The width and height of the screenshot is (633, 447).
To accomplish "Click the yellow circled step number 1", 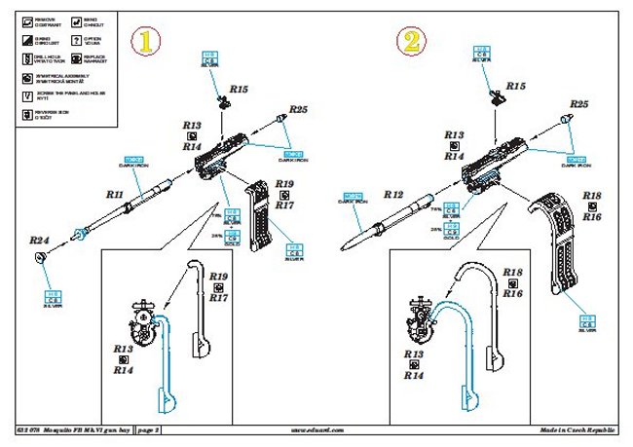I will pyautogui.click(x=148, y=42).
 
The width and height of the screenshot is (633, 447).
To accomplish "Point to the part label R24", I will pyautogui.click(x=39, y=240).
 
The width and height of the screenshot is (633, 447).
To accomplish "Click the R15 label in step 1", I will pyautogui.click(x=239, y=89).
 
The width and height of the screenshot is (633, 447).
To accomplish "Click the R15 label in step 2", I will pyautogui.click(x=515, y=87).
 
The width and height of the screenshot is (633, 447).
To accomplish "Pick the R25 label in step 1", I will pyautogui.click(x=298, y=109).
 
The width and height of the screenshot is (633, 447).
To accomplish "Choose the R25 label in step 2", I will pyautogui.click(x=579, y=103).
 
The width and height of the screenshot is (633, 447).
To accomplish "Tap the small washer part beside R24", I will pyautogui.click(x=40, y=256).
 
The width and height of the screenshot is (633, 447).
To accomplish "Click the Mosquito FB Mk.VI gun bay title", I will pyautogui.click(x=80, y=429).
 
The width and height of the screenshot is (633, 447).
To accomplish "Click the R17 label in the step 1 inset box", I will pyautogui.click(x=218, y=297).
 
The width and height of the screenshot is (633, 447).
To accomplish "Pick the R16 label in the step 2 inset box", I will pyautogui.click(x=513, y=292).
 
